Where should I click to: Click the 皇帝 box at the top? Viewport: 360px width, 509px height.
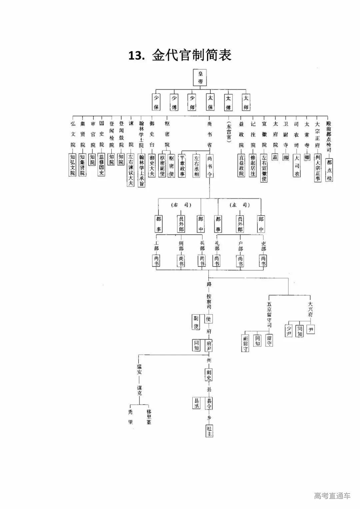pyautogui.click(x=200, y=77)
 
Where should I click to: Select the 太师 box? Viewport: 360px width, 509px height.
pyautogui.click(x=246, y=102)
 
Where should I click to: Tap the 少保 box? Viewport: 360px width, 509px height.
pyautogui.click(x=156, y=102)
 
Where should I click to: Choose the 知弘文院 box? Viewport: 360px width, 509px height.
pyautogui.click(x=72, y=164)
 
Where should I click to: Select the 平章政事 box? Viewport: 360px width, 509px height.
pyautogui.click(x=182, y=165)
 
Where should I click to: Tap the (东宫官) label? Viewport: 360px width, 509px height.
pyautogui.click(x=229, y=132)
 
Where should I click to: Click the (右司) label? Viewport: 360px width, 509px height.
pyautogui.click(x=181, y=205)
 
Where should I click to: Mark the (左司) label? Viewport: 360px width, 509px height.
pyautogui.click(x=240, y=205)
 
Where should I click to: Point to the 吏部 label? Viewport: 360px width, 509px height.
pyautogui.click(x=263, y=246)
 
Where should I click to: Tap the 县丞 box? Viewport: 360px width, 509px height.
pyautogui.click(x=196, y=403)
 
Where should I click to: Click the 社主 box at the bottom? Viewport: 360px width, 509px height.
pyautogui.click(x=209, y=431)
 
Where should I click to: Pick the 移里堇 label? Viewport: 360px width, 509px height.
pyautogui.click(x=149, y=417)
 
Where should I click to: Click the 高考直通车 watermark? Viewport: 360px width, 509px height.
pyautogui.click(x=332, y=496)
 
